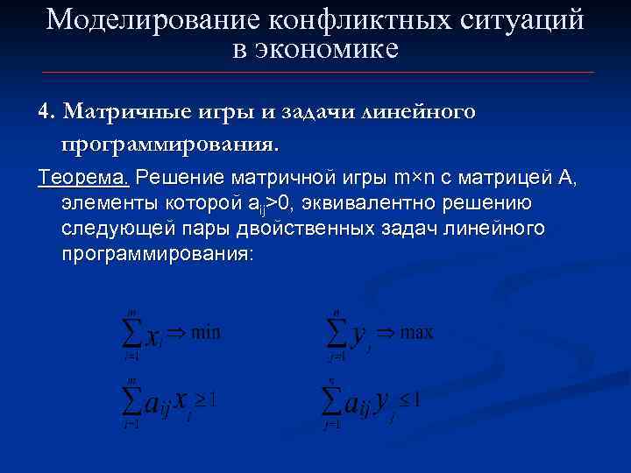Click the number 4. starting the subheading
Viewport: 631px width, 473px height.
46,112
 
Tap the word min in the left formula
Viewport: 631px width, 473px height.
206,332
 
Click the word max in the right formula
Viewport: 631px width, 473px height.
417,332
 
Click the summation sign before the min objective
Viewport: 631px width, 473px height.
131,333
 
